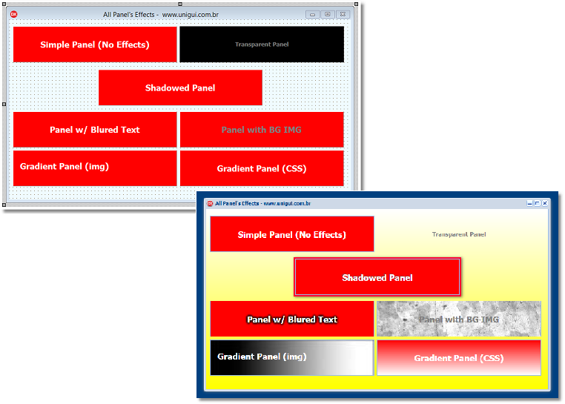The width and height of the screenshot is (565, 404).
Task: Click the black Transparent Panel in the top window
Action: (262, 44)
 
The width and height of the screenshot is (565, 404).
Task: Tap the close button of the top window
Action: (343, 14)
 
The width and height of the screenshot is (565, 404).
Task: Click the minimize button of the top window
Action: (312, 14)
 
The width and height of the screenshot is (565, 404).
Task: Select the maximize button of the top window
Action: (328, 14)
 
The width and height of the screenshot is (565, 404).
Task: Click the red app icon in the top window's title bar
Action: (14, 14)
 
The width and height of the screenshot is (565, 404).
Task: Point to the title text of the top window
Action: (161, 15)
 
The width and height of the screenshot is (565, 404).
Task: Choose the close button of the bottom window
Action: (545, 203)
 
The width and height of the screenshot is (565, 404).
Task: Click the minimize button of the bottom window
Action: (529, 203)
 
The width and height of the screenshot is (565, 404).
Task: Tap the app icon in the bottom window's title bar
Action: (210, 204)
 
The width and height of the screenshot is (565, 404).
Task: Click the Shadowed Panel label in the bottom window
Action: (377, 278)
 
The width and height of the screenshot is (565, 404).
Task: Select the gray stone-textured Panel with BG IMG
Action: (459, 319)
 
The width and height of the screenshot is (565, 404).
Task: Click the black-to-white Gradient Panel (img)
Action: (292, 357)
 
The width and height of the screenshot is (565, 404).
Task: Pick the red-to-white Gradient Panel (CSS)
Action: (459, 357)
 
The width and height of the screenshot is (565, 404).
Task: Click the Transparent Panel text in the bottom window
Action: (459, 234)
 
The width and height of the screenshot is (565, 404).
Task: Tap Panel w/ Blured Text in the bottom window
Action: (292, 319)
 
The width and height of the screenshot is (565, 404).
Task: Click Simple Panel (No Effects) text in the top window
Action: (95, 44)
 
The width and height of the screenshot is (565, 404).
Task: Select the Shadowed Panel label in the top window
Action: (180, 88)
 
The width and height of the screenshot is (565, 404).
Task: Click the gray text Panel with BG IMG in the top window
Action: (261, 130)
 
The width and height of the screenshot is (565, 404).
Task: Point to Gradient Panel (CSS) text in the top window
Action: (262, 169)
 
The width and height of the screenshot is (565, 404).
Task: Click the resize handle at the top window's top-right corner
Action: (356, 4)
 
